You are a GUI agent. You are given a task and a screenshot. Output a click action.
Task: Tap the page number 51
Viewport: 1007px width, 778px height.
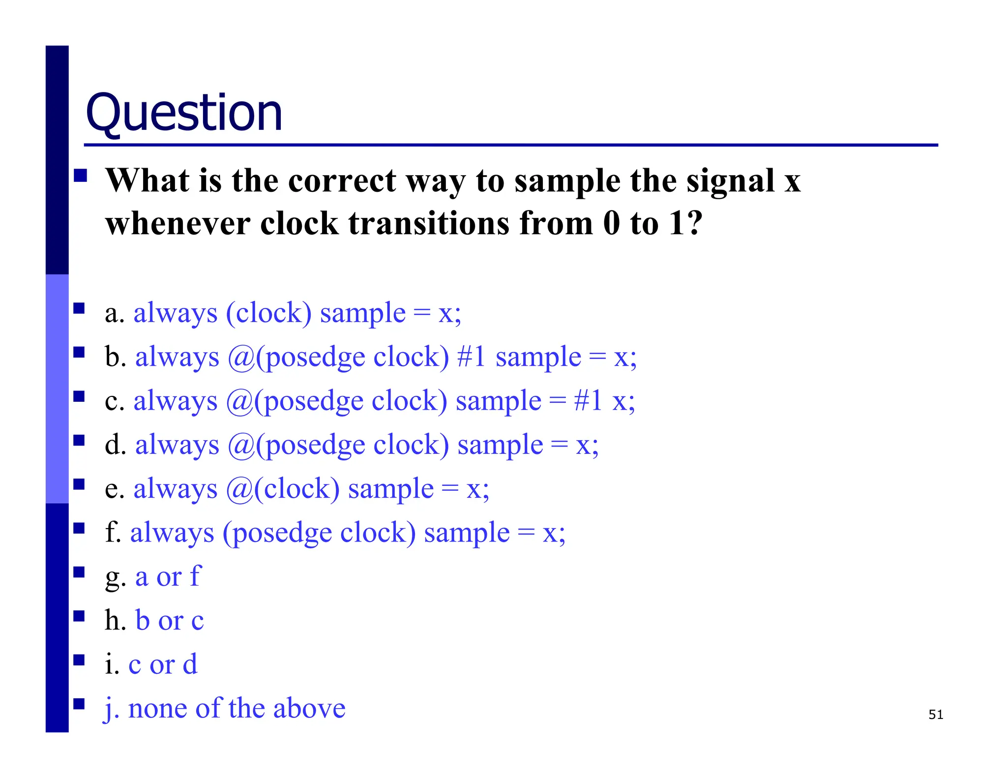coord(935,715)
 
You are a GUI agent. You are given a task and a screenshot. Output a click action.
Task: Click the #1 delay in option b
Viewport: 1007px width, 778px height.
coord(472,357)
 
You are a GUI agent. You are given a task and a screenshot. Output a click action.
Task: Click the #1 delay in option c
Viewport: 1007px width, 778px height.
coord(588,401)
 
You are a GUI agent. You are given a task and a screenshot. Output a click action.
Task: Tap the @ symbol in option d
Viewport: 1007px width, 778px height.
coord(240,445)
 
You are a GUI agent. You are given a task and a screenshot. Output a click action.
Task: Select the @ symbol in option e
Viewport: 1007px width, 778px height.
coord(239,489)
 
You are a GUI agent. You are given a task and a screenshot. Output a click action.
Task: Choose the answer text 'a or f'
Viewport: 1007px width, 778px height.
coord(168,577)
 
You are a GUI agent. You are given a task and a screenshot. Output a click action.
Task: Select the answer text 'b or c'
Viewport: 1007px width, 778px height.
coord(169,621)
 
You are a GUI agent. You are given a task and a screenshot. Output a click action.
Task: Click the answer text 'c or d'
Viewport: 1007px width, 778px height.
coord(163,664)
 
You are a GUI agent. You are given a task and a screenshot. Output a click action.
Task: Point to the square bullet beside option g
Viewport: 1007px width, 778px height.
coord(79,572)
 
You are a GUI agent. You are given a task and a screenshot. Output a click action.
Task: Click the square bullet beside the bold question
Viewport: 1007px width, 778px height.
coord(80,176)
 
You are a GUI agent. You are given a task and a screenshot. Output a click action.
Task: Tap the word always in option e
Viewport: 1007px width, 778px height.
coord(175,489)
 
